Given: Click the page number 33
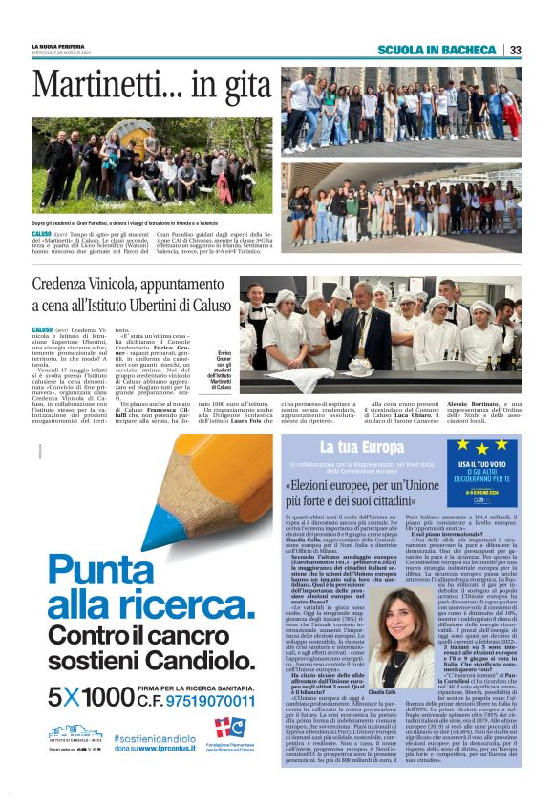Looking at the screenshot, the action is [515, 50].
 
